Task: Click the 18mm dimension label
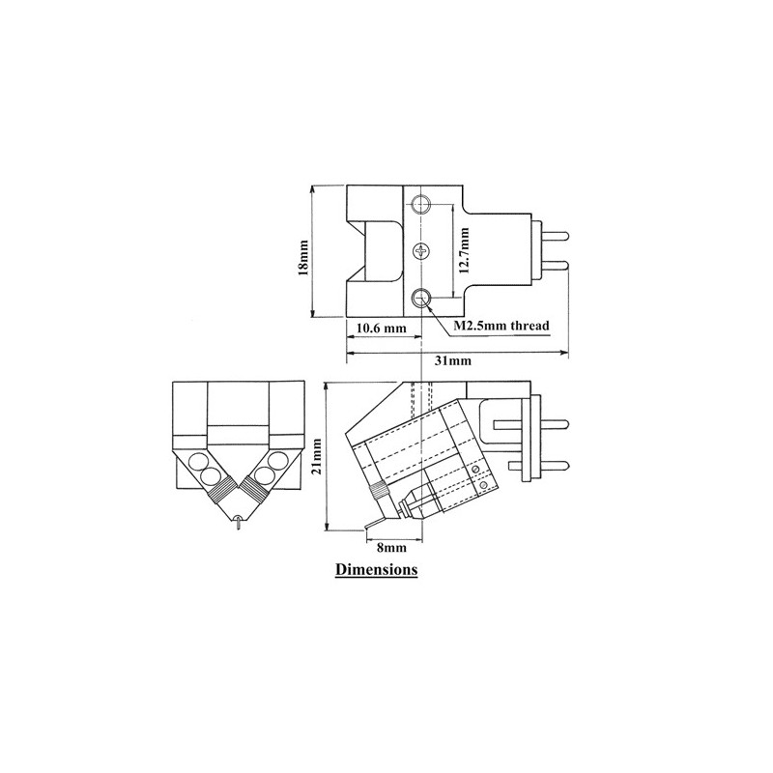[x=303, y=257]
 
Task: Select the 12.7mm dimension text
[x=464, y=251]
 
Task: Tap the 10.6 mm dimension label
[x=381, y=329]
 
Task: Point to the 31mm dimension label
[x=452, y=360]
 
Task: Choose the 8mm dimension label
[x=391, y=548]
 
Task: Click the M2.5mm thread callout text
[x=501, y=326]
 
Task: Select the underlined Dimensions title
[x=376, y=569]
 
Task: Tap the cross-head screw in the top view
[x=421, y=252]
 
